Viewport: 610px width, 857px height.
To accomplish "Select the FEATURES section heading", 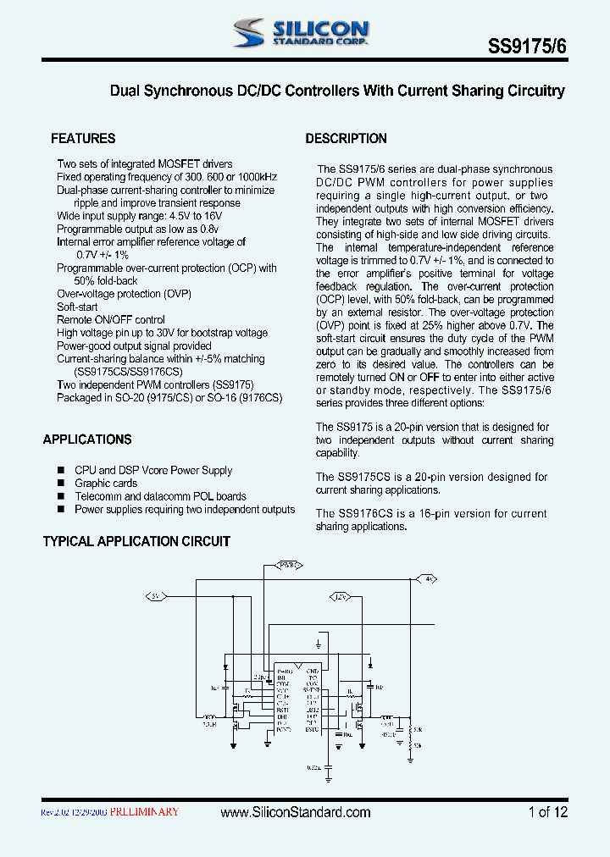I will point(83,139).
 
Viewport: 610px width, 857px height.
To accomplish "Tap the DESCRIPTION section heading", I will point(346,139).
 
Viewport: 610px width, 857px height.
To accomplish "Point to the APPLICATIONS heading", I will point(87,440).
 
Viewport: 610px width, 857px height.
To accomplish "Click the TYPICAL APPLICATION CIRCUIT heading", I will point(136,541).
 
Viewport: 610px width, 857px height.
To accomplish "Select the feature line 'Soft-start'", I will point(77,307).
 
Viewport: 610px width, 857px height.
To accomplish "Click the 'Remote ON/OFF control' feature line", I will point(111,320).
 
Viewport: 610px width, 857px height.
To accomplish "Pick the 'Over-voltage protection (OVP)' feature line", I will point(125,294).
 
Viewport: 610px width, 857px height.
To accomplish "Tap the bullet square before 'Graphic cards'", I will point(61,484).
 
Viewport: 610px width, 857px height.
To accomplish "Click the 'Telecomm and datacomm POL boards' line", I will point(160,496).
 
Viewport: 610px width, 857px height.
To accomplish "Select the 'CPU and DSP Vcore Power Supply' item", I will point(153,470).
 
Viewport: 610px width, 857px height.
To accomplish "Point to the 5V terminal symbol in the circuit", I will point(156,596).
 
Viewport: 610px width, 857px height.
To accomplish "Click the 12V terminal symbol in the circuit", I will point(341,596).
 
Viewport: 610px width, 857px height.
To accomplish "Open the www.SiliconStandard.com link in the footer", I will point(295,812).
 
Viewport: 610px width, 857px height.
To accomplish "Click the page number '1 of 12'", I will point(548,812).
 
